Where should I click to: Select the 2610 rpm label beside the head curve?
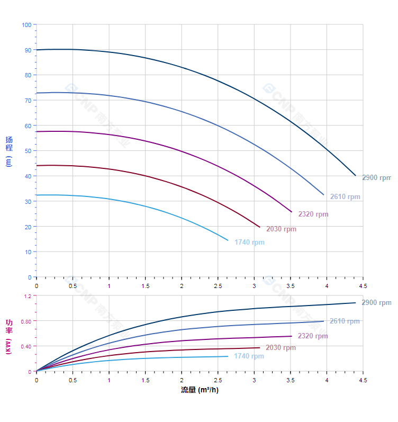tap(345, 197)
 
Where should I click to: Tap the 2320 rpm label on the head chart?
tap(313, 214)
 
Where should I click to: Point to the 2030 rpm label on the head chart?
tap(281, 229)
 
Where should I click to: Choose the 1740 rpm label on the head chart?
tap(249, 243)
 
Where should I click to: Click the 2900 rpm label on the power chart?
tap(376, 303)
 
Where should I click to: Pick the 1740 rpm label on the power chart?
tap(249, 356)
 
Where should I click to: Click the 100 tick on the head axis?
tap(26, 25)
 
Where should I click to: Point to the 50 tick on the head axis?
tap(28, 151)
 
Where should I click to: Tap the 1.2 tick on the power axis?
tap(28, 296)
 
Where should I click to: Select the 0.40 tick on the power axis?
tap(26, 346)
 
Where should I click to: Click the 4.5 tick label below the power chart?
tap(363, 380)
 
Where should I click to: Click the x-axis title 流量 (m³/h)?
tap(200, 390)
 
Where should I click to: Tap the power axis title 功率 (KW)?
tap(8, 336)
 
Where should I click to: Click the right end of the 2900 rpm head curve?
tap(356, 175)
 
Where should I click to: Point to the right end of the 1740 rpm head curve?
tap(228, 240)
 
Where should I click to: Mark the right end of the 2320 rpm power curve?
tap(292, 336)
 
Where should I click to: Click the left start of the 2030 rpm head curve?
tap(37, 166)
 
